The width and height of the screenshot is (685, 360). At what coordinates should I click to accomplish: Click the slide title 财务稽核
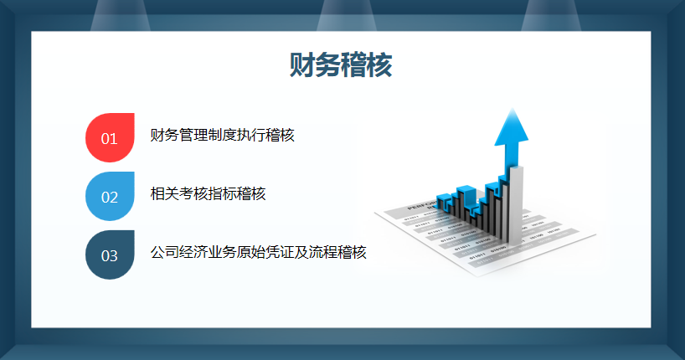(x=341, y=65)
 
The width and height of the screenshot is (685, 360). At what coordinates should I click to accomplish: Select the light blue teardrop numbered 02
(x=110, y=196)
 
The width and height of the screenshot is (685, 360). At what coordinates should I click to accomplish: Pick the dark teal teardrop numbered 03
(x=110, y=255)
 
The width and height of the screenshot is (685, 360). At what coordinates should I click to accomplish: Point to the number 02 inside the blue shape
(x=110, y=198)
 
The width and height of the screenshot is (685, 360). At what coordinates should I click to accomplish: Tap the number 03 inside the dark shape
(x=110, y=256)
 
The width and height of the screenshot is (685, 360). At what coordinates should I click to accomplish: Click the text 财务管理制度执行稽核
(x=222, y=135)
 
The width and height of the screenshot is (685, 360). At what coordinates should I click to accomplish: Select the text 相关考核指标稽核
(x=208, y=193)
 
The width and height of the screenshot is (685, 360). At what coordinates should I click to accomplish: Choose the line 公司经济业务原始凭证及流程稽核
(x=258, y=252)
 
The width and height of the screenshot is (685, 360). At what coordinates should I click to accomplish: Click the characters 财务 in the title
(x=315, y=65)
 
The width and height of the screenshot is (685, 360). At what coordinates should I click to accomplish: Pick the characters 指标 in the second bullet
(x=222, y=193)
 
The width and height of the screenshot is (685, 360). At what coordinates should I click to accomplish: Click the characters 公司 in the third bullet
(x=164, y=252)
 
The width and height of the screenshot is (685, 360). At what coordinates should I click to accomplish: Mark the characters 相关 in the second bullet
(x=164, y=193)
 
